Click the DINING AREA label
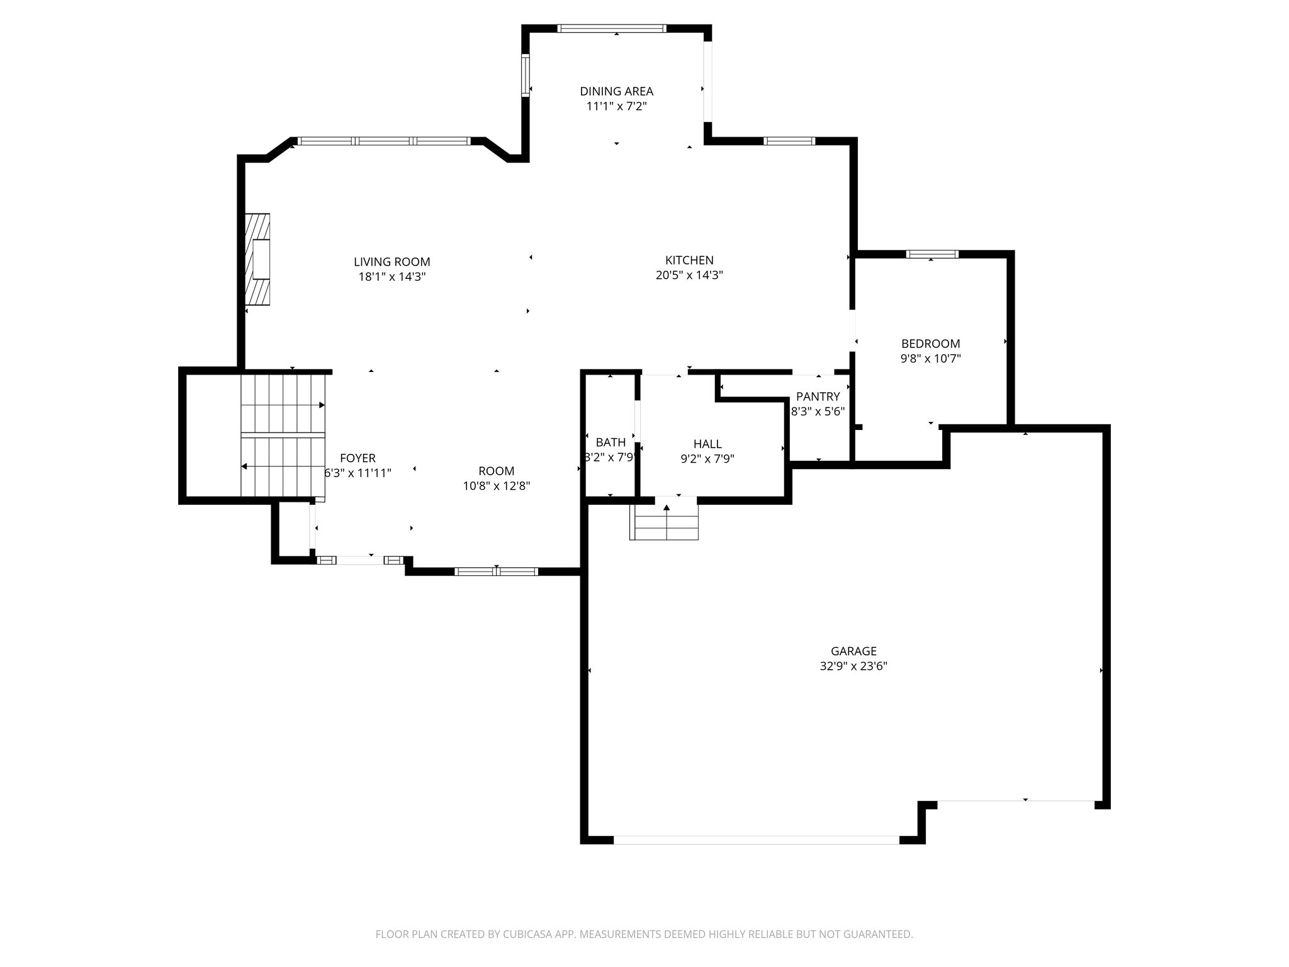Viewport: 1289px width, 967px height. pos(616,91)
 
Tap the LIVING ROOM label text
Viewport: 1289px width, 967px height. pos(391,262)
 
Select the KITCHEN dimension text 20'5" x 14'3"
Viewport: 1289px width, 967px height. pos(689,275)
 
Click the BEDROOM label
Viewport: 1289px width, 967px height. pos(930,344)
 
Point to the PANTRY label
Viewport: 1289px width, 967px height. pos(818,397)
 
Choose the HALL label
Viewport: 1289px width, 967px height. pos(707,444)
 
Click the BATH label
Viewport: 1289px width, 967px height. pos(611,442)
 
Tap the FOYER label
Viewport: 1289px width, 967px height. pos(357,458)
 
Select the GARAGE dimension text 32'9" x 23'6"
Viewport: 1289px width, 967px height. pos(853,666)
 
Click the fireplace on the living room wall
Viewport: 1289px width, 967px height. pos(258,259)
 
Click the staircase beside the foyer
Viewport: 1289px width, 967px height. pos(283,436)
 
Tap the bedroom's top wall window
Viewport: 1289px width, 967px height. pos(932,254)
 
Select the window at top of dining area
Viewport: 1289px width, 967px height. pos(612,28)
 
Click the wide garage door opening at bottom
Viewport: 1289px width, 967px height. pos(756,840)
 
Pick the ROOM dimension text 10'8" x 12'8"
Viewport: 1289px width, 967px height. pos(497,486)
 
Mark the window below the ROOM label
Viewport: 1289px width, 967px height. pos(496,572)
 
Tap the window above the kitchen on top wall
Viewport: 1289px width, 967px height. pos(789,141)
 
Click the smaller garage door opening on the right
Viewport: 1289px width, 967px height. pos(1016,801)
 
